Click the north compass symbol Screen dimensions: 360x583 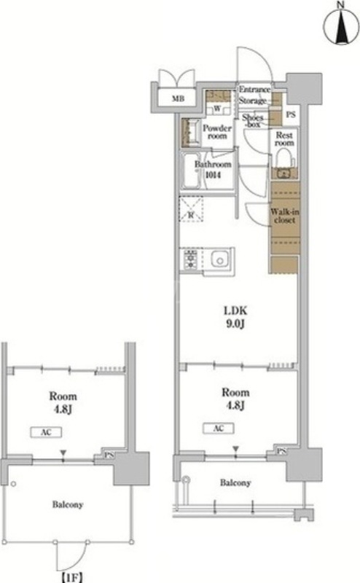pyautogui.click(x=340, y=26)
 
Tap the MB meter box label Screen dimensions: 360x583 pyautogui.click(x=178, y=99)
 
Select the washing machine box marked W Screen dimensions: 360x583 pyautogui.click(x=217, y=109)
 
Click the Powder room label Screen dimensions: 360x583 pyautogui.click(x=217, y=132)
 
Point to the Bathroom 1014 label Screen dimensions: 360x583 pyautogui.click(x=213, y=169)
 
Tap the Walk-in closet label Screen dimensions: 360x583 pyautogui.click(x=285, y=216)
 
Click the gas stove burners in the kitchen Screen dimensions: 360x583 pyautogui.click(x=191, y=259)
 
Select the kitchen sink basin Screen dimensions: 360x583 pyautogui.click(x=220, y=259)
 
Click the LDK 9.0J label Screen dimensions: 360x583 pyautogui.click(x=235, y=317)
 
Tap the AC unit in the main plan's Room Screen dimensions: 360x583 pyautogui.click(x=219, y=429)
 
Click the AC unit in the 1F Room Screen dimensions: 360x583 pyautogui.click(x=46, y=432)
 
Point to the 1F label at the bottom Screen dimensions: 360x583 pyautogui.click(x=71, y=578)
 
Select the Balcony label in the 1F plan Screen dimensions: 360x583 pyautogui.click(x=67, y=505)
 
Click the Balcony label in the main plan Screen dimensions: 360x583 pyautogui.click(x=235, y=483)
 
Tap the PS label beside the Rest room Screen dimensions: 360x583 pyautogui.click(x=291, y=114)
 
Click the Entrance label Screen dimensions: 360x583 pyautogui.click(x=254, y=90)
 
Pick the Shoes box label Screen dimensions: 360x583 pyautogui.click(x=253, y=121)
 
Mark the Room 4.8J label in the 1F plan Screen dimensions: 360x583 pyautogui.click(x=63, y=403)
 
